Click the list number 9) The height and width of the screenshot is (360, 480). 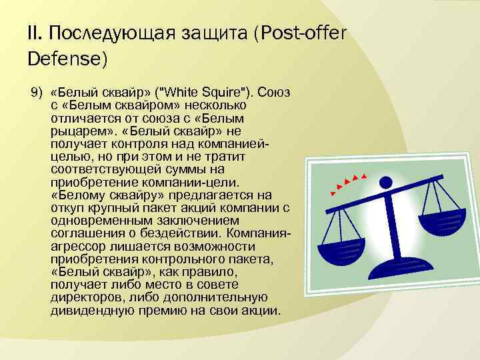click(x=36, y=91)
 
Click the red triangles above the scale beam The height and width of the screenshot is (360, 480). click(x=350, y=182)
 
